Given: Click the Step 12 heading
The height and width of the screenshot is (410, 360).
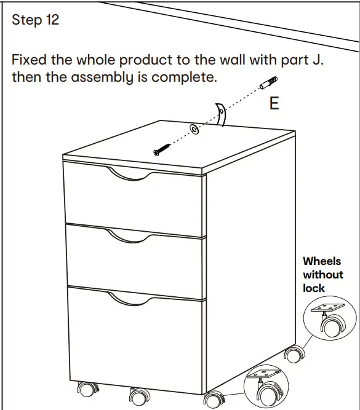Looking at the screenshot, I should pos(36,20).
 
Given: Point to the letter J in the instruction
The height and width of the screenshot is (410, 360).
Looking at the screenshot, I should pos(320,61).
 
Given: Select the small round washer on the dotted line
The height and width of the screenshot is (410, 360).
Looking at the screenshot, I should pos(194,128).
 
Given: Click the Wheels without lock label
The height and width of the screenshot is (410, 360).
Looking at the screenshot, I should pos(323,275).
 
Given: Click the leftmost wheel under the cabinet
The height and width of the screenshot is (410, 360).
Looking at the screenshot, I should pos(85,390).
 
